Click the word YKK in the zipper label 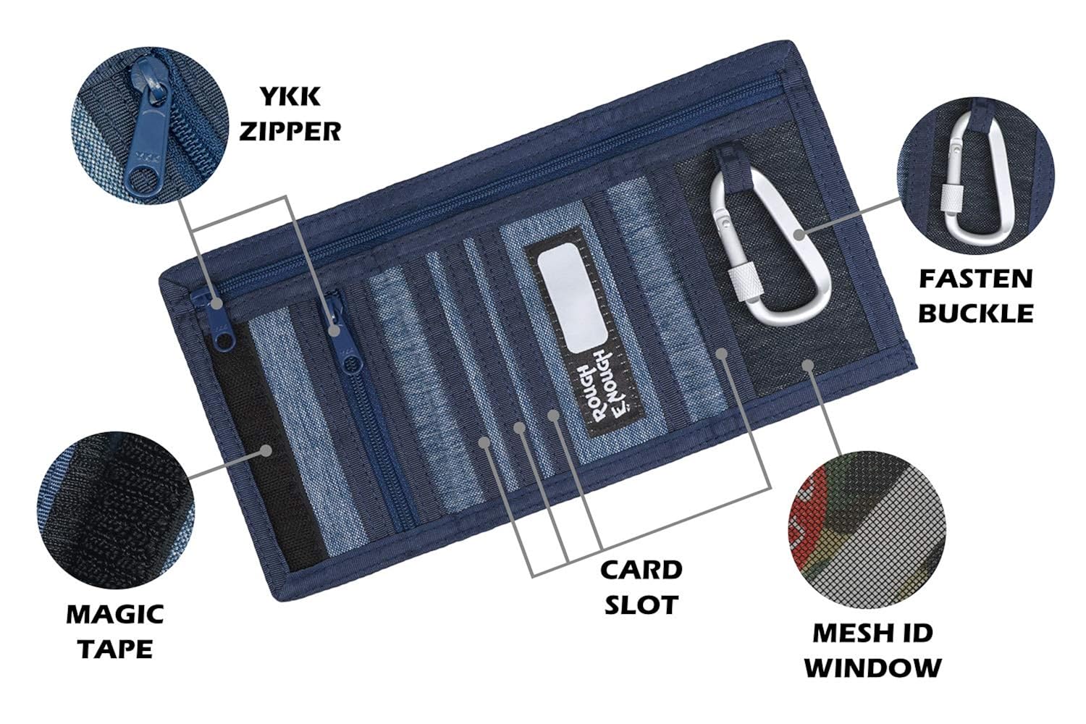[290, 96]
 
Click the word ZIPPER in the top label [290, 131]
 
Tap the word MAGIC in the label [115, 615]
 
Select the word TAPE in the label [115, 649]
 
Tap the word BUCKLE [976, 313]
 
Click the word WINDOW [873, 668]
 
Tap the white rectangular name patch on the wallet [572, 297]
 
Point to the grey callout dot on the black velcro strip [266, 450]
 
